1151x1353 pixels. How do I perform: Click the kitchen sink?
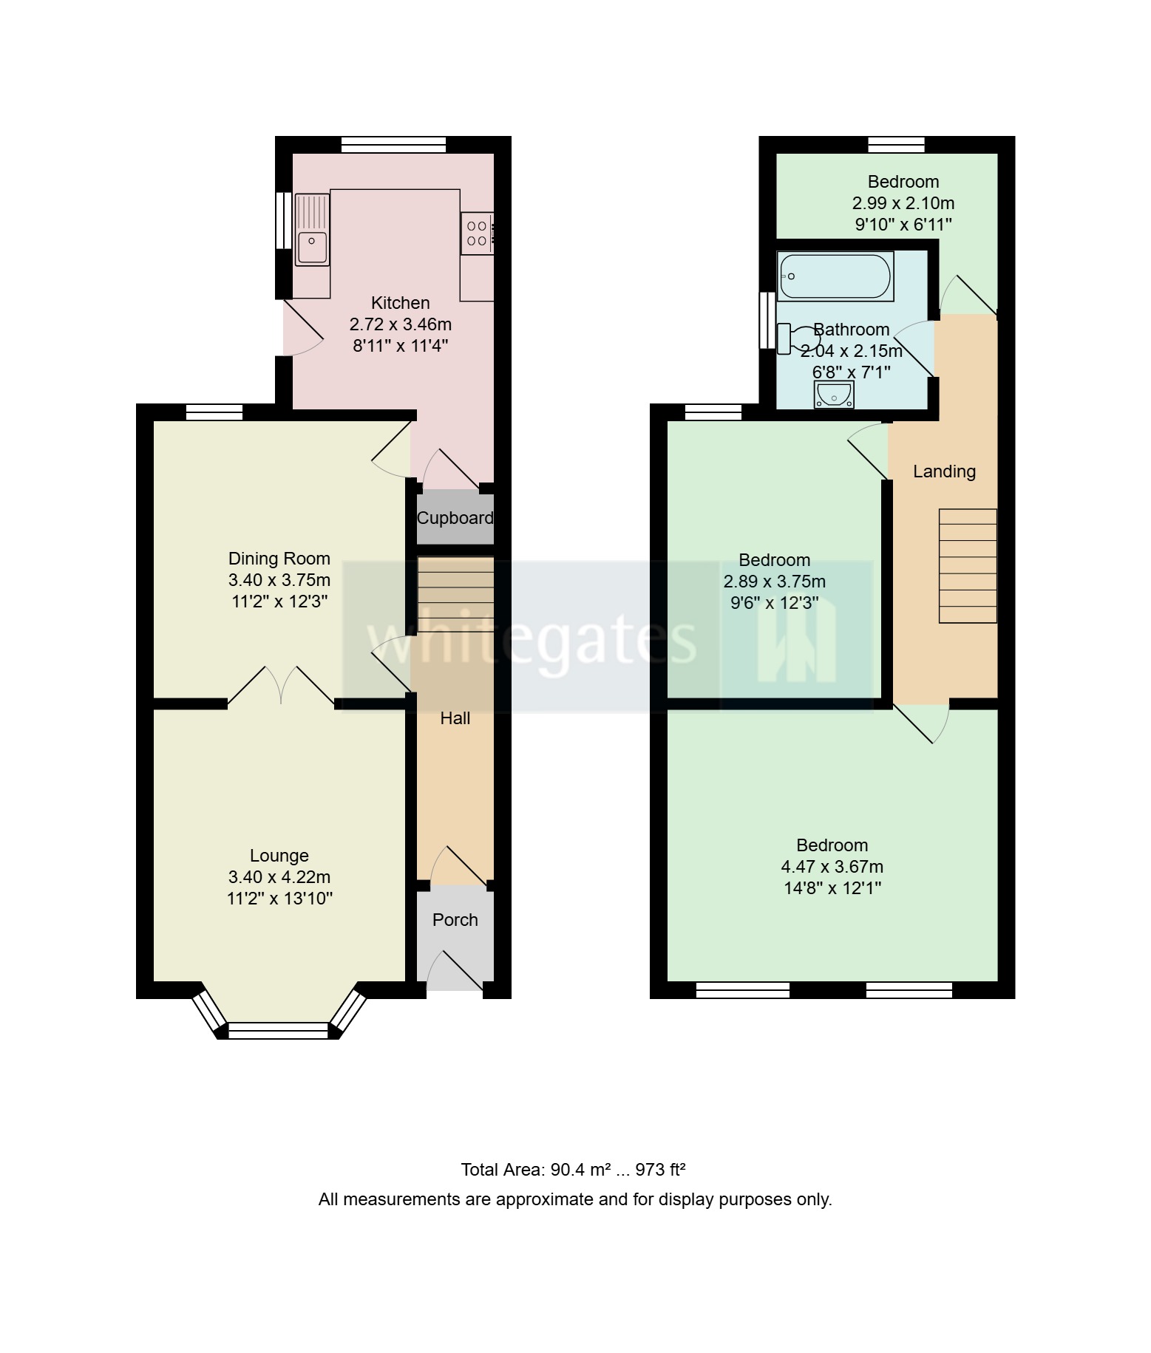[x=312, y=230]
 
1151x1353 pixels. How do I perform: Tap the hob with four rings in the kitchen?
[x=477, y=234]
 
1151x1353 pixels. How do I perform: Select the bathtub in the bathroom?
[x=835, y=276]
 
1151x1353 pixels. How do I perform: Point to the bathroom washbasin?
[x=834, y=395]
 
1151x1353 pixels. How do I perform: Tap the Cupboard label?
[x=455, y=518]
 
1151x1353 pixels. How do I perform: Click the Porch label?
[x=455, y=920]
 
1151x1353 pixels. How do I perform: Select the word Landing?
[x=944, y=471]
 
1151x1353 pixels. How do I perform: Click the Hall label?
[x=455, y=718]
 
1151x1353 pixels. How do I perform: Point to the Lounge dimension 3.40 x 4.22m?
[x=279, y=877]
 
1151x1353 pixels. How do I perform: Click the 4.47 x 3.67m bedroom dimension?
[x=832, y=867]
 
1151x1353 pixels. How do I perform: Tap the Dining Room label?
[x=279, y=559]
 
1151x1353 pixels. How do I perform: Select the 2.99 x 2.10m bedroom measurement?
[x=903, y=203]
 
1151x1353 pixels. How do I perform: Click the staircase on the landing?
[x=968, y=566]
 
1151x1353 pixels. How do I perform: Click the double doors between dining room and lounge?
[x=281, y=686]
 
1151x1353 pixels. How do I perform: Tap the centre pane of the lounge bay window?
[x=278, y=1030]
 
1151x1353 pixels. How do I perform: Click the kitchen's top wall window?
[x=394, y=145]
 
